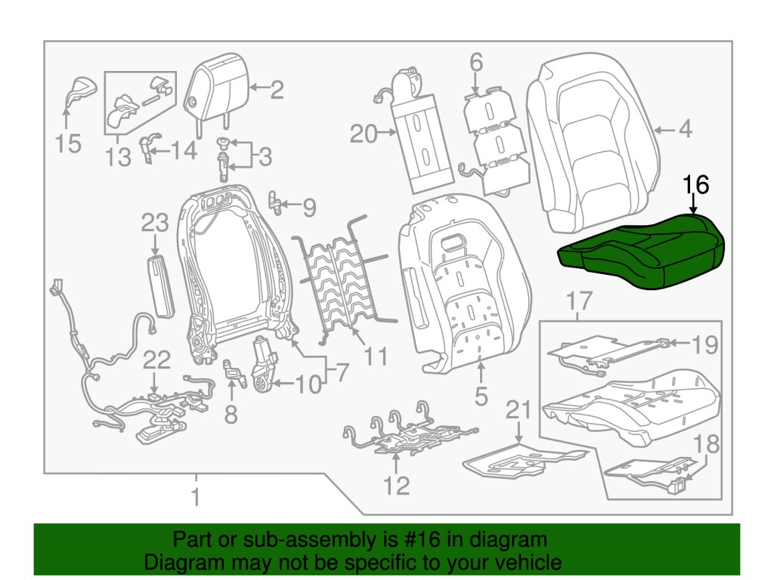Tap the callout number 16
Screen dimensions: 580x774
click(x=696, y=186)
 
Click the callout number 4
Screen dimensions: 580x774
click(x=685, y=130)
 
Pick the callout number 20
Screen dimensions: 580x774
click(x=364, y=134)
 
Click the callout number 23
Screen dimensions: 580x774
click(x=155, y=224)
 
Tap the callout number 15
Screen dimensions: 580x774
click(x=68, y=143)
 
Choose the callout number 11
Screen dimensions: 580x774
click(x=376, y=355)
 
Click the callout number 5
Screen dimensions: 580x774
click(x=481, y=395)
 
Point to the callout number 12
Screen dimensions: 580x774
click(x=396, y=485)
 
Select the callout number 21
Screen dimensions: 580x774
click(x=519, y=411)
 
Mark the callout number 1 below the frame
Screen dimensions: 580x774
click(x=196, y=498)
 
